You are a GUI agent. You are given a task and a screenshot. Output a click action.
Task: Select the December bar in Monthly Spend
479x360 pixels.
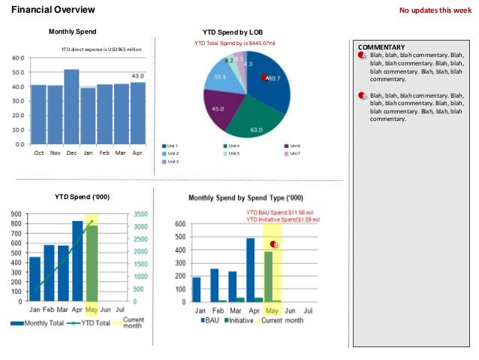coord(71,105)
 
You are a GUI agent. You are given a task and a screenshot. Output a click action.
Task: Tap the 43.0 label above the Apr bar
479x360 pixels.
coord(137,76)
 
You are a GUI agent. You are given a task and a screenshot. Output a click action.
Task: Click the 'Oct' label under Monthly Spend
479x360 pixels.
coord(38,152)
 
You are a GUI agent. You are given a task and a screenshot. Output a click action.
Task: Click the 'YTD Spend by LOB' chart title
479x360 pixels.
coord(233,32)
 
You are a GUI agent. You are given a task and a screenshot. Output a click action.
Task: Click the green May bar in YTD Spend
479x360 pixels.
coord(92,262)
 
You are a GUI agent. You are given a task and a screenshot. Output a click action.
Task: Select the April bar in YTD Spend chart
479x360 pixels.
coord(77,260)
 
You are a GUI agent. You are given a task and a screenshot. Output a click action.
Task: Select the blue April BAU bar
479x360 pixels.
coord(250,269)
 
